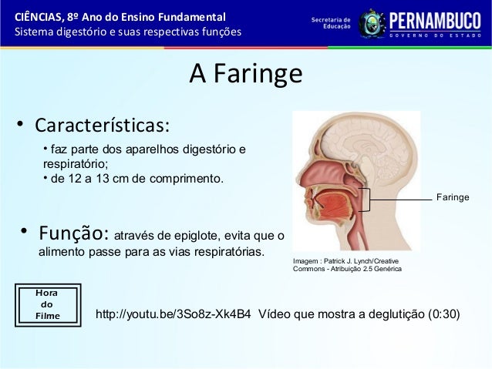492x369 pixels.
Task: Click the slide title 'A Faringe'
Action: (245, 75)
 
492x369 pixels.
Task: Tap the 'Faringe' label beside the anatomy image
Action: (453, 199)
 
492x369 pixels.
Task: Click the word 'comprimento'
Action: (187, 179)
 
